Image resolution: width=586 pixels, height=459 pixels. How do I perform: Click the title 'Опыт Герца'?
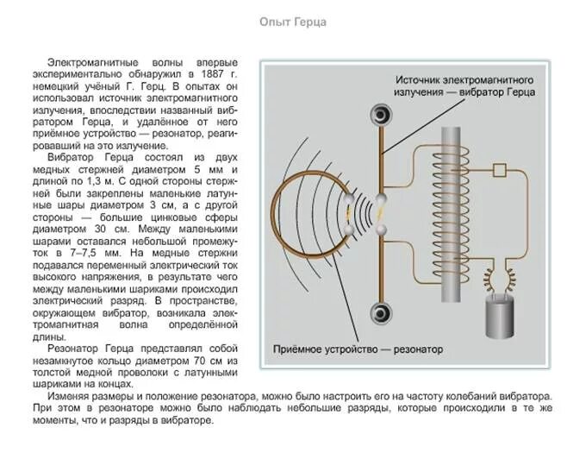pyautogui.click(x=293, y=21)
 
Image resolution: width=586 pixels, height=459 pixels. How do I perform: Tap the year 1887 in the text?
pyautogui.click(x=219, y=75)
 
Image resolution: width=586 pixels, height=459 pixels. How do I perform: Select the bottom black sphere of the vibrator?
pyautogui.click(x=377, y=312)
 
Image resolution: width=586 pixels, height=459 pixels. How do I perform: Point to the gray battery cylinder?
pyautogui.click(x=499, y=318)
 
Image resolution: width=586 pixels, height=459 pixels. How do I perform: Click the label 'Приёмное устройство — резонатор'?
pyautogui.click(x=358, y=350)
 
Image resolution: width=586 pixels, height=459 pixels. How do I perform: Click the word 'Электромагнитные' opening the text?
pyautogui.click(x=90, y=63)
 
